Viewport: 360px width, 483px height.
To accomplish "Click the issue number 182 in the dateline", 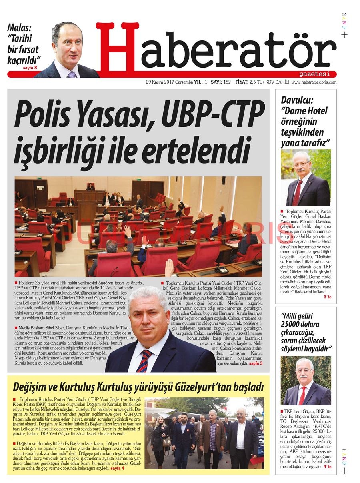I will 227,82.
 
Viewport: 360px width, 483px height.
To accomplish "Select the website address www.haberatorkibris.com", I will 314,82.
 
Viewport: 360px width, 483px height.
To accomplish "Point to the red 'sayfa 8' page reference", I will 30,68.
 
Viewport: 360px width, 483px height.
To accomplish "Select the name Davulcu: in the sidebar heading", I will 297,100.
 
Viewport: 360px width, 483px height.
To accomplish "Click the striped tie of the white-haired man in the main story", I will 144,361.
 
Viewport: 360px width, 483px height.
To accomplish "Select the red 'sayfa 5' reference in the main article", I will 256,363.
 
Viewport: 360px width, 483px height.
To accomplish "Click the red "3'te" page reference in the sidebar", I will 327,297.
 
